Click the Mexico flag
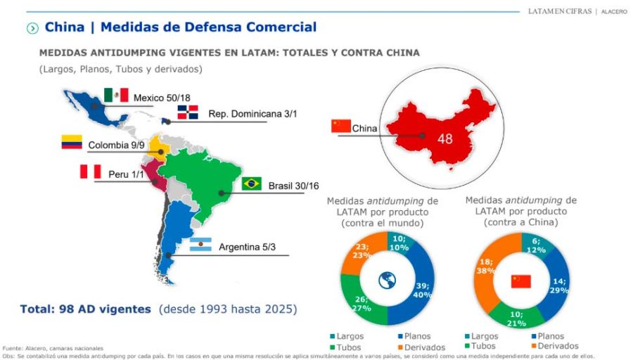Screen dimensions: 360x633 tap(115, 95)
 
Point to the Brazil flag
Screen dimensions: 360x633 tap(252, 184)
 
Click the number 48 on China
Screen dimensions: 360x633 tap(445, 139)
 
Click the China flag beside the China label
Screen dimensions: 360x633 tap(340, 126)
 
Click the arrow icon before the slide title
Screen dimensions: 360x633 tap(32, 28)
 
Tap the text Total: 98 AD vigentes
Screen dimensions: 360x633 tap(86, 309)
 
